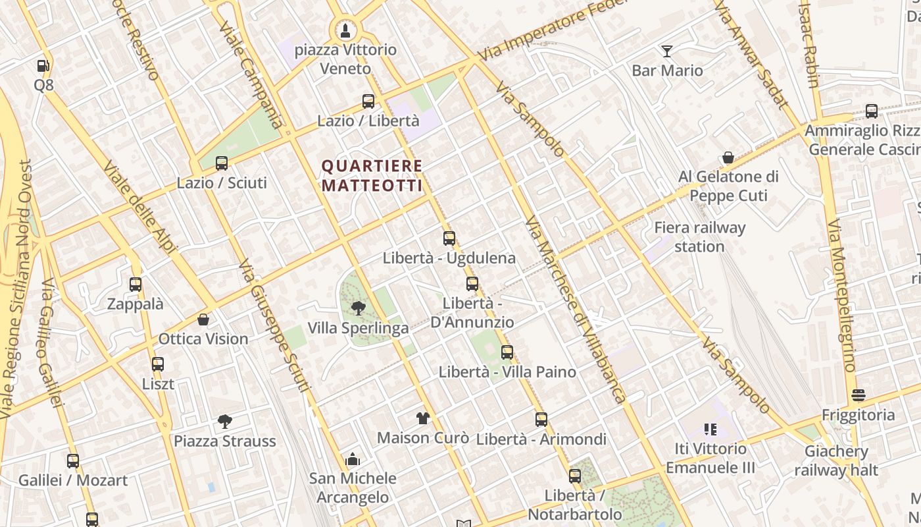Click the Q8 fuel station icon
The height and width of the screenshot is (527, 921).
click(43, 66)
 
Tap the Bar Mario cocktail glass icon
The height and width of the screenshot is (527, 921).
click(667, 51)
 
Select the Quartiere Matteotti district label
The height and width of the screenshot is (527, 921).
click(372, 176)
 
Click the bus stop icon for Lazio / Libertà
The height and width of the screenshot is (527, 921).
click(368, 101)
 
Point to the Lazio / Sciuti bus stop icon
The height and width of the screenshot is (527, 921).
click(222, 163)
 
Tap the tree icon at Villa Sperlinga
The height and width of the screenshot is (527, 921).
click(359, 308)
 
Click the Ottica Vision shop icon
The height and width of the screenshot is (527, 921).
click(203, 319)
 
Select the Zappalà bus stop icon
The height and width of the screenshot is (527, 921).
click(136, 285)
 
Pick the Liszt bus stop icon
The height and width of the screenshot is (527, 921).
click(158, 364)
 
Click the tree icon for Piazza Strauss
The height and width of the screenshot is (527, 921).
click(225, 421)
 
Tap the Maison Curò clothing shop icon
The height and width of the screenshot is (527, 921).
click(422, 418)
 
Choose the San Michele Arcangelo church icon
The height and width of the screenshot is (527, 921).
click(353, 459)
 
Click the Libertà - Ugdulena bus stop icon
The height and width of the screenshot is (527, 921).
click(449, 238)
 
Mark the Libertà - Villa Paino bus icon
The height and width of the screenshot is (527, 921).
click(507, 352)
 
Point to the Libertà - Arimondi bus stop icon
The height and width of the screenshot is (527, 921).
click(541, 420)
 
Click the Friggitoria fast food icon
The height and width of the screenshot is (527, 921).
click(858, 395)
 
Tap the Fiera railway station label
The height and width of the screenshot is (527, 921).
click(699, 237)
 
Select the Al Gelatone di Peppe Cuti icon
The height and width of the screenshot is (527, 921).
click(728, 157)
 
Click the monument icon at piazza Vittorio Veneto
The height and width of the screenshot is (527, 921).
click(345, 30)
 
